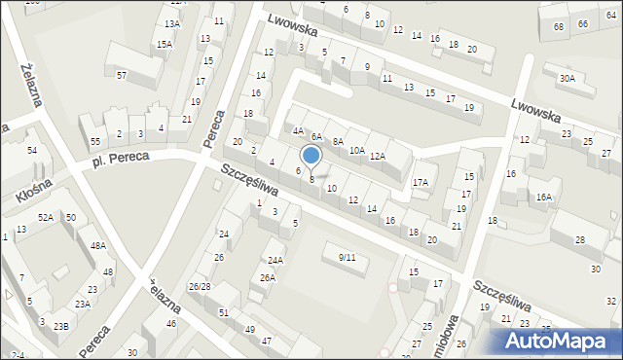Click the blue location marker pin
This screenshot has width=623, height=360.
(311, 156)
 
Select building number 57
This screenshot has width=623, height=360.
(122, 75)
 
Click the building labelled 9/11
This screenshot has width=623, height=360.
(347, 257)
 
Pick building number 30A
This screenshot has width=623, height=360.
(567, 78)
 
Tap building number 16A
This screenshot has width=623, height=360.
(543, 198)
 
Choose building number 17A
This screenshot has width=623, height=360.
(421, 182)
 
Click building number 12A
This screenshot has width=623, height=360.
(378, 157)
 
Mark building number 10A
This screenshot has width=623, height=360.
(357, 150)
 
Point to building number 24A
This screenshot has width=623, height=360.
(275, 260)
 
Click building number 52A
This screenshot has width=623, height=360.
(45, 217)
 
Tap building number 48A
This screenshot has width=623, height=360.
(98, 246)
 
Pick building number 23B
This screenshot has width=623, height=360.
(60, 326)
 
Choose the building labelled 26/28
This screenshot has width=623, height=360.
(200, 286)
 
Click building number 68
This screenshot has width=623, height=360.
(559, 26)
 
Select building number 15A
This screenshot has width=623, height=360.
(164, 44)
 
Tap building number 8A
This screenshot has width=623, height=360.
(338, 142)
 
